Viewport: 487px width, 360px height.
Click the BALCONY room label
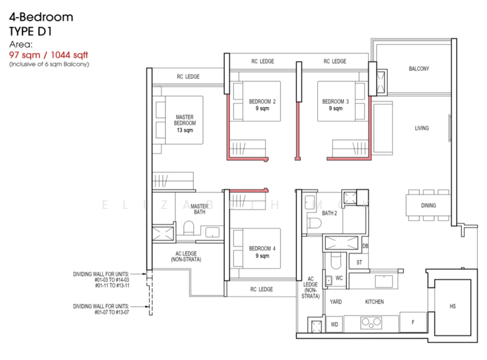click(419, 69)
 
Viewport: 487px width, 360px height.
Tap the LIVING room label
click(422, 129)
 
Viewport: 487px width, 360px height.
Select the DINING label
click(428, 205)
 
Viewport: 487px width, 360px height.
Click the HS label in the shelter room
click(452, 306)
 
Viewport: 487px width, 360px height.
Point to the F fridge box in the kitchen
click(413, 322)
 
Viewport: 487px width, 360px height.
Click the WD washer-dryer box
click(334, 325)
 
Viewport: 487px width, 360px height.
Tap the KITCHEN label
click(373, 302)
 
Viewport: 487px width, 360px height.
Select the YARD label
click(335, 302)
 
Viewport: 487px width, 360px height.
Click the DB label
click(365, 246)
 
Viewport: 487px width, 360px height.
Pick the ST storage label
click(359, 262)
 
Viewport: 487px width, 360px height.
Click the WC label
click(340, 278)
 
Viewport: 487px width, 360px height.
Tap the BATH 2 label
click(329, 213)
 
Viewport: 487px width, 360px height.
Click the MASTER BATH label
click(199, 210)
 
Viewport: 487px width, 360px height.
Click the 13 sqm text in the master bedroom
click(185, 130)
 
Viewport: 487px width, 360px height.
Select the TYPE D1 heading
click(30, 31)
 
